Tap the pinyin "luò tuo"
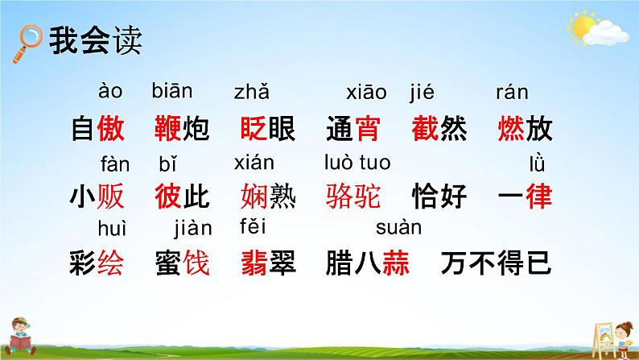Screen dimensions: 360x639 357,163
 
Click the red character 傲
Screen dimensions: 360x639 110,129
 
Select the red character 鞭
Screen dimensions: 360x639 169,129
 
